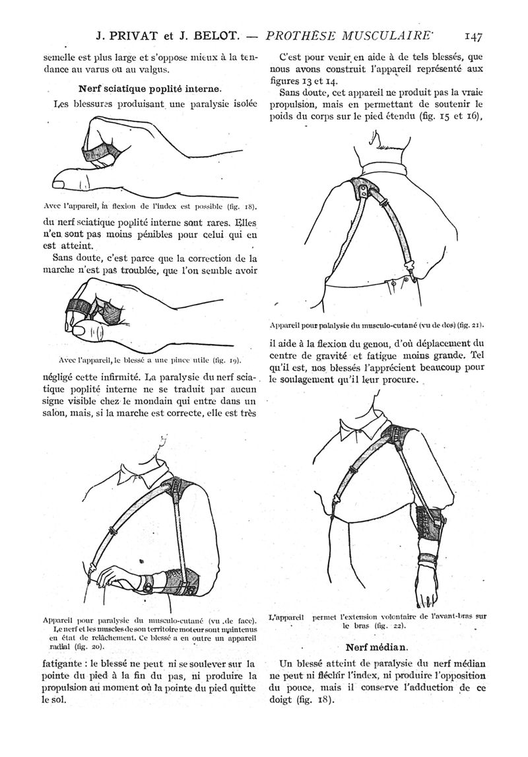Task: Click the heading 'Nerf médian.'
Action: coord(379,645)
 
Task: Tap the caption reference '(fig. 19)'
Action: coord(224,360)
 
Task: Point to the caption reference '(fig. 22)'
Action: coord(385,625)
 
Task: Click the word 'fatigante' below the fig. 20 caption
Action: coord(61,663)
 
